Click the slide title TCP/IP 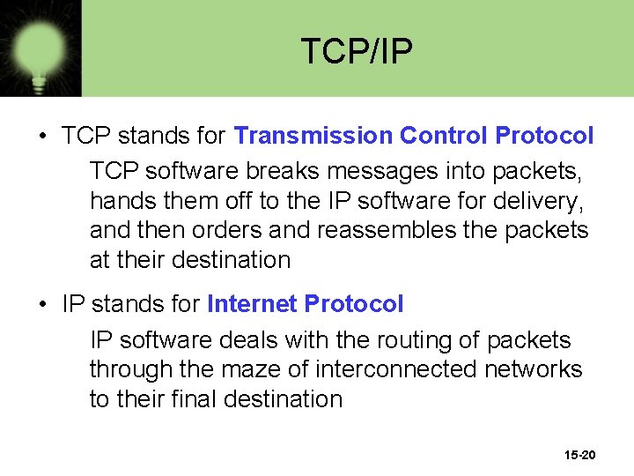click(356, 52)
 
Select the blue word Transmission click(313, 136)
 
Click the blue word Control click(443, 136)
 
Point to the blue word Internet click(252, 304)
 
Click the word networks click(534, 369)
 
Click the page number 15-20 click(579, 455)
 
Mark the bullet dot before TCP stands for click(42, 137)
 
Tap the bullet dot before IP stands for click(42, 305)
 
